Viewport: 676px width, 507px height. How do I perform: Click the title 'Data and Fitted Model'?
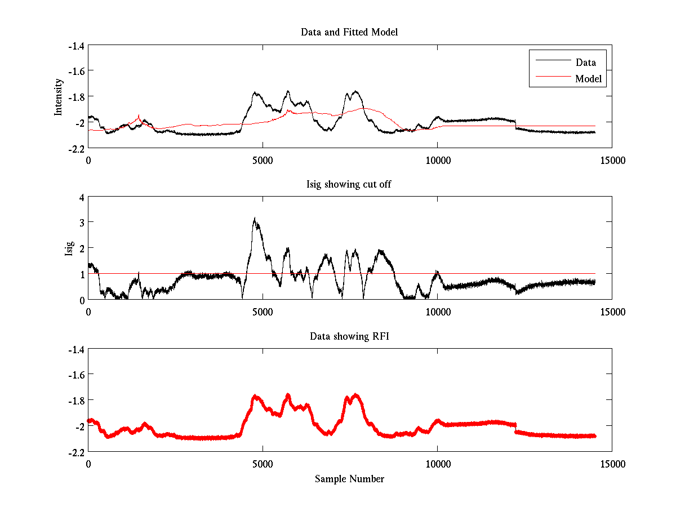349,32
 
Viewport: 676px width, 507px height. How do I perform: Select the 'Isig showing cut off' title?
349,185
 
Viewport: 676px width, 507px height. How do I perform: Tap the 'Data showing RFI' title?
349,336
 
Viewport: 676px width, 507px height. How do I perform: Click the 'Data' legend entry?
586,63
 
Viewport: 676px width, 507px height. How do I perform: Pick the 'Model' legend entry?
588,79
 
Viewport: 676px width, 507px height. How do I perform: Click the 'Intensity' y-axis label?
58,97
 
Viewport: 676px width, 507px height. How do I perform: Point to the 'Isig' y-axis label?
69,248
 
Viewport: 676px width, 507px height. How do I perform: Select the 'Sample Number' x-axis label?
349,479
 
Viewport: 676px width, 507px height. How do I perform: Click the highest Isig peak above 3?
255,219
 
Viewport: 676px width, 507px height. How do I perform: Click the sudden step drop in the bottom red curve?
515,429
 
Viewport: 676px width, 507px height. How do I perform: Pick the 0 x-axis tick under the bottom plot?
88,464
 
